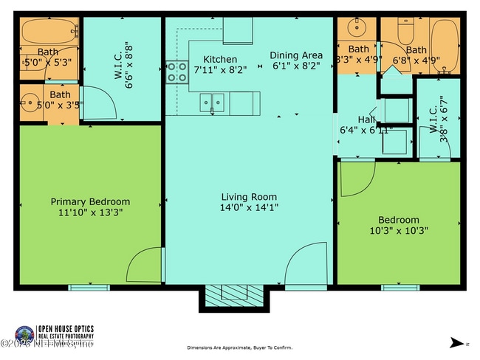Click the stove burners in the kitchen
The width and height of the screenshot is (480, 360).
point(176,72)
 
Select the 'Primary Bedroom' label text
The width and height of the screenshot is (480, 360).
point(90,201)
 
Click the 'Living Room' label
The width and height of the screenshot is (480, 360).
point(249,197)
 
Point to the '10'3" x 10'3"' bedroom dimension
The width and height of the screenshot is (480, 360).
point(399,230)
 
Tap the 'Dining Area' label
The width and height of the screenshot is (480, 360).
point(295,55)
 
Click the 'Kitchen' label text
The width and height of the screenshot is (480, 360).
point(220,59)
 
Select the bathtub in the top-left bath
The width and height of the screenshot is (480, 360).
point(47,32)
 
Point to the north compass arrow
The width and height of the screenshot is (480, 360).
point(454,342)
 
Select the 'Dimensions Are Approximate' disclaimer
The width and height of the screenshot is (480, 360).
point(240,347)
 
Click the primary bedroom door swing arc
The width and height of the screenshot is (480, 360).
point(145,266)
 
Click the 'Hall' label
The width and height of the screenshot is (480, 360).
point(367,120)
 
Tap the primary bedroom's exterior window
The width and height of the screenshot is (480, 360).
point(89,287)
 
